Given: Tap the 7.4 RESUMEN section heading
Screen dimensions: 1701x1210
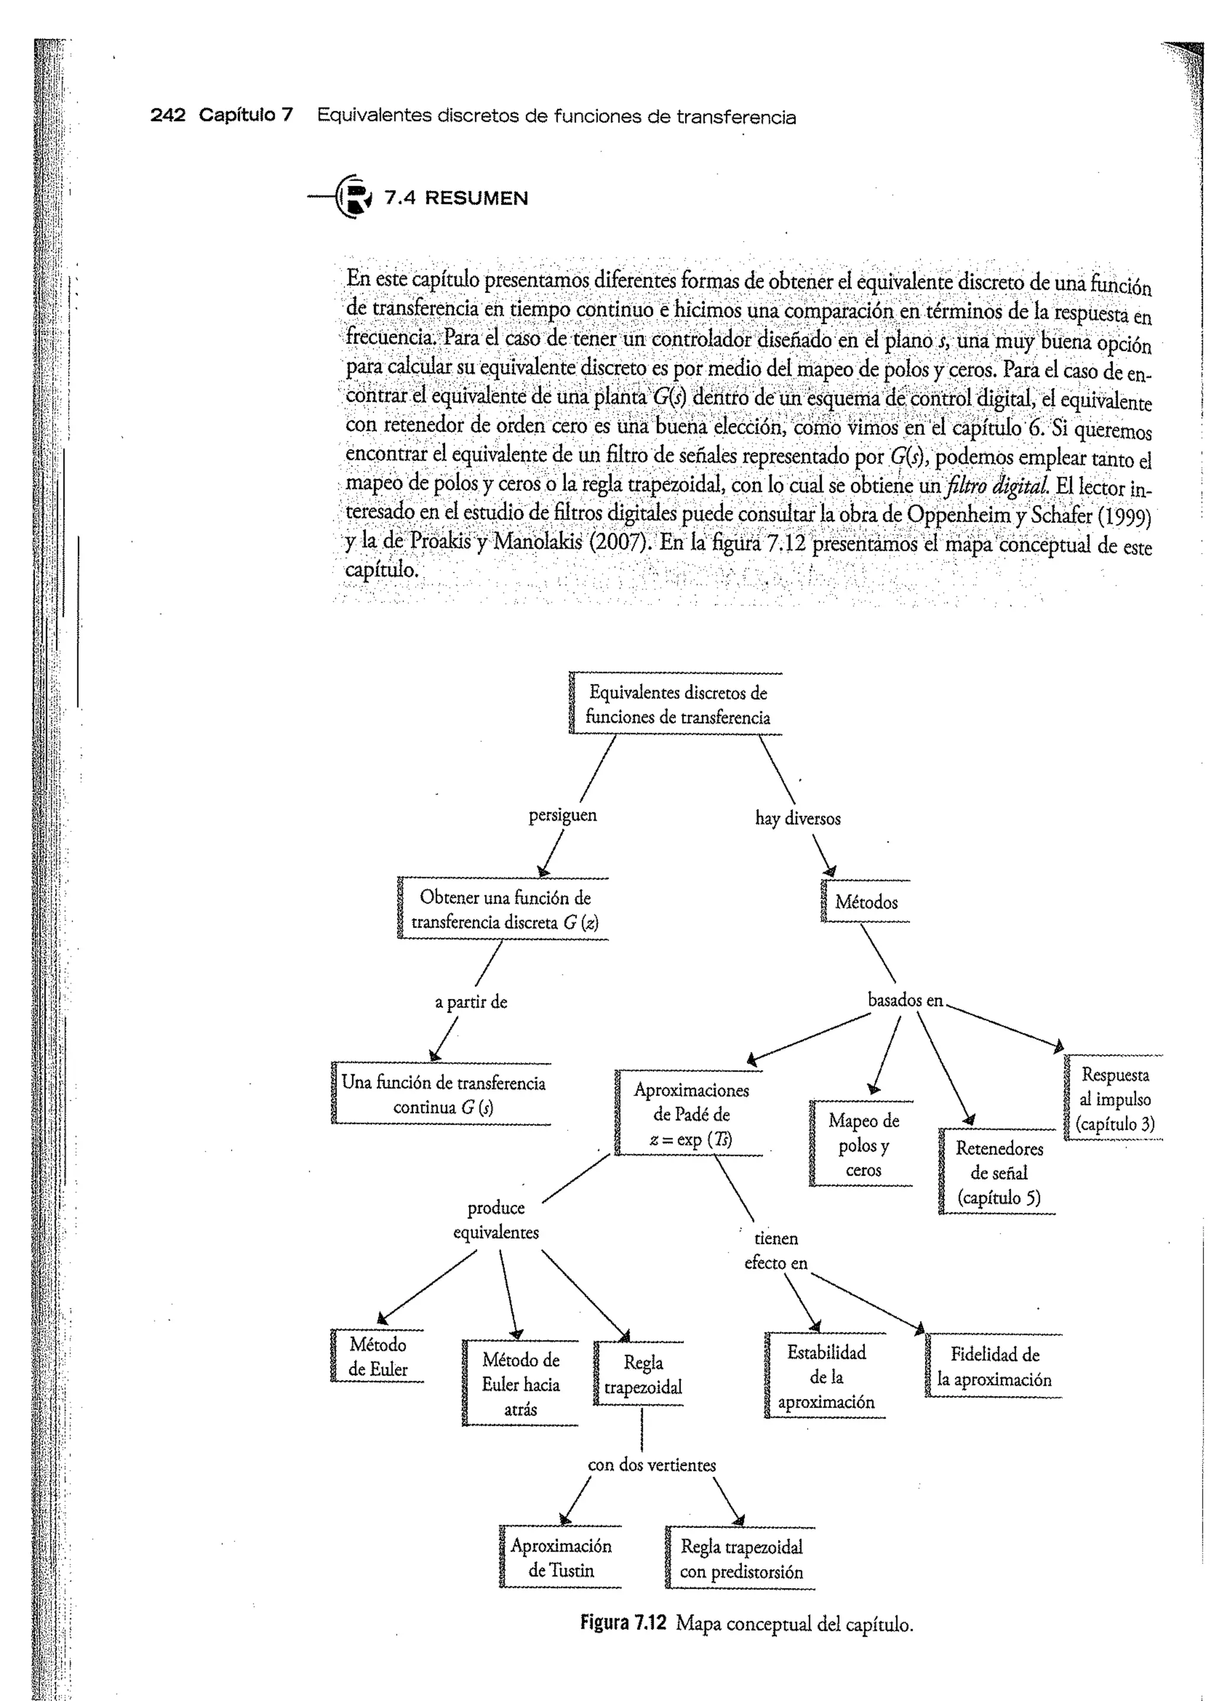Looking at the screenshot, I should coord(456,198).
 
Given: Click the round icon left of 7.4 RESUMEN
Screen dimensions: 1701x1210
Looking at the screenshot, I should coord(354,196).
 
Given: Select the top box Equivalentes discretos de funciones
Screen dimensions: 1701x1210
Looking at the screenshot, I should coord(676,704).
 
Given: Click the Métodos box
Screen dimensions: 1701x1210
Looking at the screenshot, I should coord(866,902).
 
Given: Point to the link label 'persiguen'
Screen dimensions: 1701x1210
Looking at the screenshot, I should coord(562,815).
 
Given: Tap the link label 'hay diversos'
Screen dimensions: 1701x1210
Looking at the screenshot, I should coord(797,818).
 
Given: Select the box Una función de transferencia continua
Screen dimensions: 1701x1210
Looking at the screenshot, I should coord(443,1094).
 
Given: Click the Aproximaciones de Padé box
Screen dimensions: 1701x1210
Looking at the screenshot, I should coord(691,1114).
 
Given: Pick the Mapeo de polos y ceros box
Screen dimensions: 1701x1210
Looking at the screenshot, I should coord(863,1144).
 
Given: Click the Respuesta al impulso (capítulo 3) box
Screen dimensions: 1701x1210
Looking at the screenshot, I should coord(1115,1099).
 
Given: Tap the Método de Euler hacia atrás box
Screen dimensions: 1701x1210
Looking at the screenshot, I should coord(520,1384).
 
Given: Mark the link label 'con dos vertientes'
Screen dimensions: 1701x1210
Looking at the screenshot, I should coord(651,1465).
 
